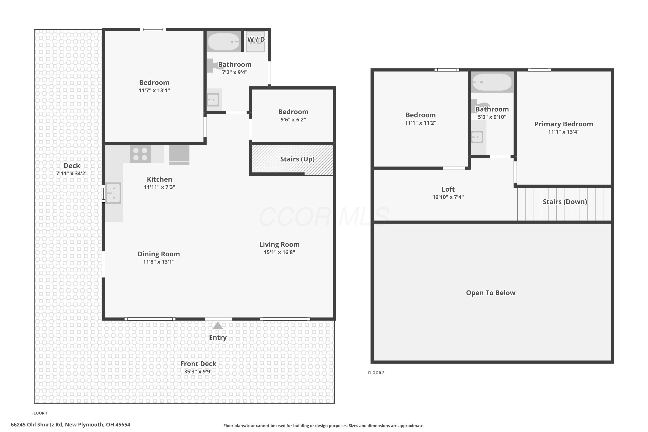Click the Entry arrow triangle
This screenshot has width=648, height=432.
pos(218,326)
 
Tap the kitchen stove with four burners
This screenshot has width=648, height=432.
pos(140,154)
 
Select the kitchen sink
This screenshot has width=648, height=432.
pos(113,193)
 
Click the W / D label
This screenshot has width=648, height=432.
pos(256,39)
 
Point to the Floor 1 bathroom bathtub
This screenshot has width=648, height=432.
pos(224,42)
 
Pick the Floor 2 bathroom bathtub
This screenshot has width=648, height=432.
pos(492,82)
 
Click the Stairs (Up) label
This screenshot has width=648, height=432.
pos(297,159)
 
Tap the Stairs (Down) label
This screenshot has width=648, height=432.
pos(565,202)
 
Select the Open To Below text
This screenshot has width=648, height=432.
pos(491,293)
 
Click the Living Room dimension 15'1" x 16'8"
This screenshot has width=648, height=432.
pos(279,252)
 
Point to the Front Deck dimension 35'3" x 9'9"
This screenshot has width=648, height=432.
pos(198,371)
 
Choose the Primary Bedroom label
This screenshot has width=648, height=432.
pos(564,124)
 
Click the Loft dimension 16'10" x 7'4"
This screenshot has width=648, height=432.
pos(448,197)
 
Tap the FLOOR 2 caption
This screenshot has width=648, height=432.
pos(376,373)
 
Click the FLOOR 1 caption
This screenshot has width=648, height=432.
pos(39,413)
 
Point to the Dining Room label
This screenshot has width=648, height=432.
pos(159,254)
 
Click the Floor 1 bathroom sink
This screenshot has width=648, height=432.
pos(213,100)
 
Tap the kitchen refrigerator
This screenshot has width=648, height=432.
pos(179,155)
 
